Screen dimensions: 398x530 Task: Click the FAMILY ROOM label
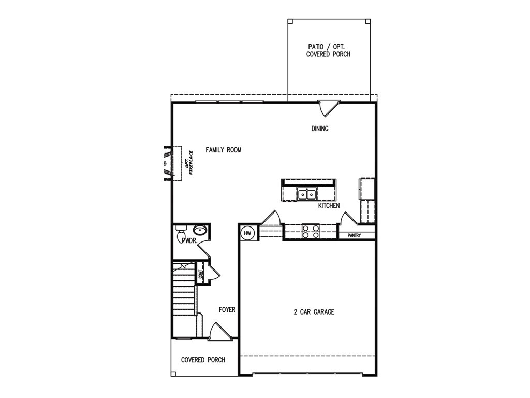click(x=223, y=150)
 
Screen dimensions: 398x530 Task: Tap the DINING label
click(x=320, y=129)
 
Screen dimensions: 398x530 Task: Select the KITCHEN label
click(x=329, y=206)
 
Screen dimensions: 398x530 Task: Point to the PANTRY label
click(x=354, y=235)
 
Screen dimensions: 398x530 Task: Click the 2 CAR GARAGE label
click(x=314, y=312)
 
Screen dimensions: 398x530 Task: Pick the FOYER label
click(x=227, y=310)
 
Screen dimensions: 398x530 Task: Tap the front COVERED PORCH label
click(x=203, y=360)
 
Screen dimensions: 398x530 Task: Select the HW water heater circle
click(x=247, y=234)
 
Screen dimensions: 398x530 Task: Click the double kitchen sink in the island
click(x=307, y=195)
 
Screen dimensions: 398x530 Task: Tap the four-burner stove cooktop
click(x=310, y=231)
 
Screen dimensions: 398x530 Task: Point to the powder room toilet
click(x=181, y=236)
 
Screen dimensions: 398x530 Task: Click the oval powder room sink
click(x=200, y=231)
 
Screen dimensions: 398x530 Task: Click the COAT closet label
click(x=200, y=274)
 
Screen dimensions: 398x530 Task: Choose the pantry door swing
click(x=345, y=218)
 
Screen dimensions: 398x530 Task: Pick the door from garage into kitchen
click(x=270, y=218)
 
